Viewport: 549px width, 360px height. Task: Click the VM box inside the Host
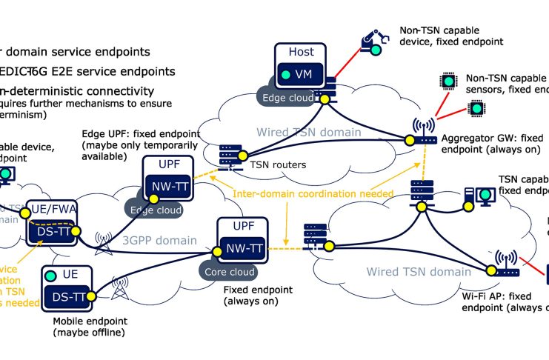[299, 74]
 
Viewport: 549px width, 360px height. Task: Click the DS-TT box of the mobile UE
[73, 298]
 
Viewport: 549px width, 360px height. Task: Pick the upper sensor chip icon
[447, 80]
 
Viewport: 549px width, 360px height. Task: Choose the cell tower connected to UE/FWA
[102, 244]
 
